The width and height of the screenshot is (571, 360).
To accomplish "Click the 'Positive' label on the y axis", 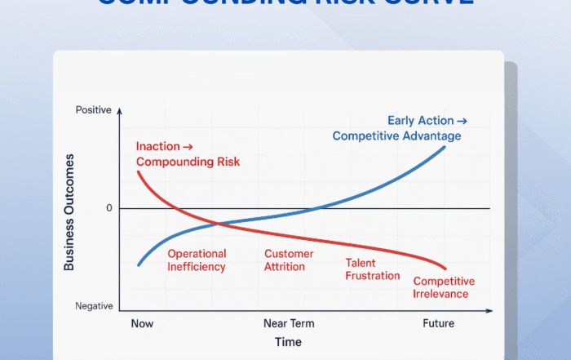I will click(x=93, y=109).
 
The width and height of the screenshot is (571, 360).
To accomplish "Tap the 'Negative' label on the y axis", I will click(x=95, y=306).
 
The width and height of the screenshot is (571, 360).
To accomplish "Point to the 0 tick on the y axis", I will click(x=108, y=208).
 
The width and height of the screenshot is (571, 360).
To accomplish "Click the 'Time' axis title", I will click(x=288, y=342).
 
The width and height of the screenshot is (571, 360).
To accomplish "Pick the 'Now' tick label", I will click(x=141, y=324).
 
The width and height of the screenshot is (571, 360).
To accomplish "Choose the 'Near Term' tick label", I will click(x=288, y=324).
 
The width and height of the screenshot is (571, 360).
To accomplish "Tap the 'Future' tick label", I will click(x=438, y=324).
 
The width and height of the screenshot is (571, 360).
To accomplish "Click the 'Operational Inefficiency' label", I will click(x=197, y=260).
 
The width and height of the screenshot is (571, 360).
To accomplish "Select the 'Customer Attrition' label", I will click(x=289, y=260).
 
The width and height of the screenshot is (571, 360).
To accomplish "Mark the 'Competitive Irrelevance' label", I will click(x=444, y=287).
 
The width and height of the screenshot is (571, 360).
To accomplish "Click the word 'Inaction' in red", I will click(x=157, y=147).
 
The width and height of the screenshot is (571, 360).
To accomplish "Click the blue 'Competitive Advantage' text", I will click(x=396, y=136).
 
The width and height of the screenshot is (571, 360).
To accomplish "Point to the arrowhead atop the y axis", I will click(x=119, y=109).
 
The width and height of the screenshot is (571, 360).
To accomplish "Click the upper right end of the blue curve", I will click(x=445, y=146).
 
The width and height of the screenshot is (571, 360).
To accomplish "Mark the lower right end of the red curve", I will click(x=446, y=269).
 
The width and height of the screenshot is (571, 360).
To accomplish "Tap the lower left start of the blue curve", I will click(x=138, y=265).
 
